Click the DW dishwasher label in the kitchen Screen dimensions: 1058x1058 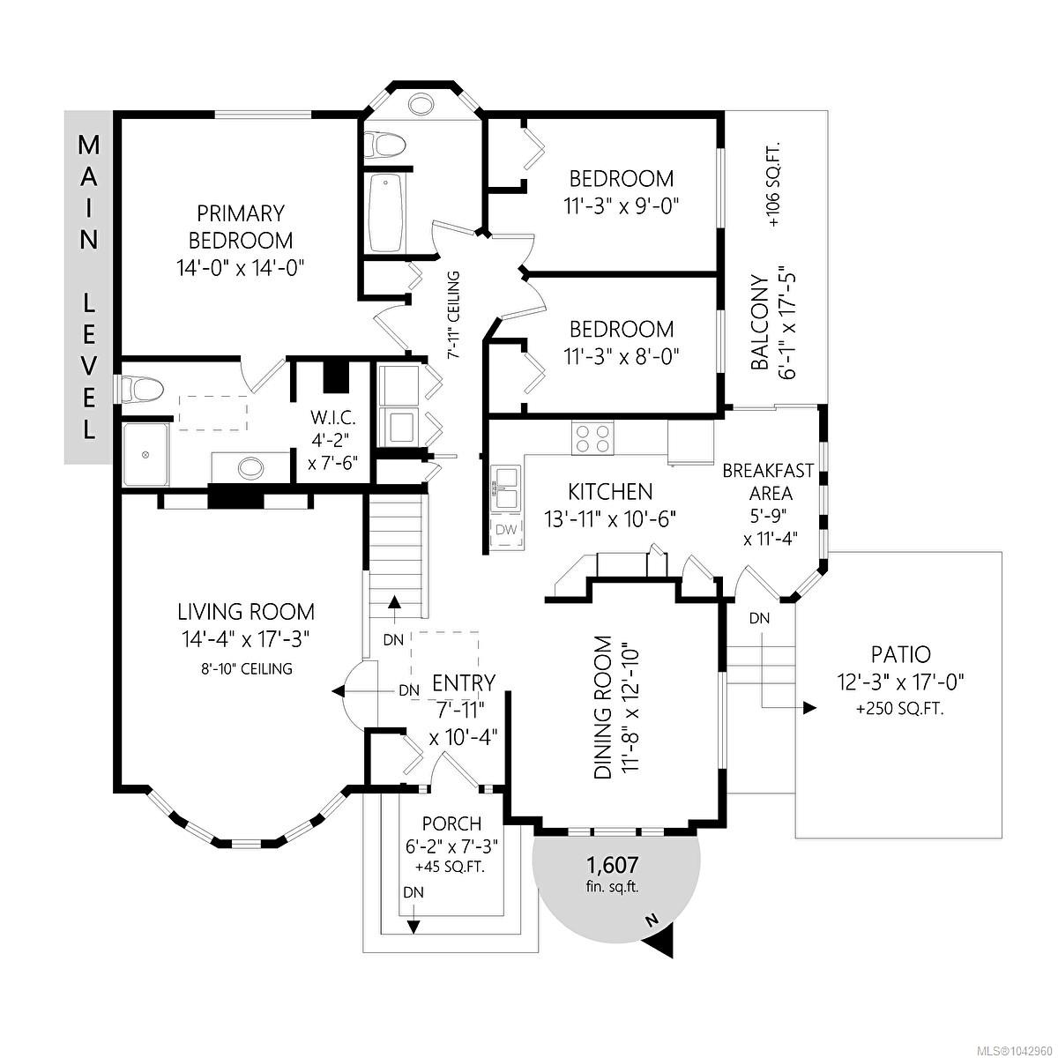506,530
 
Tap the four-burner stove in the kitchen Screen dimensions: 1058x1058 592,438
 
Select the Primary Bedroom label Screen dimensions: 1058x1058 241,227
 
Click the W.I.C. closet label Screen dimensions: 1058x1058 333,418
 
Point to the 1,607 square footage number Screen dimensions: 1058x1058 613,865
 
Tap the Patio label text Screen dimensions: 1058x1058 901,654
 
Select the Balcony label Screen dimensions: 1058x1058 759,323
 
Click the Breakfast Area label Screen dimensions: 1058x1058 768,482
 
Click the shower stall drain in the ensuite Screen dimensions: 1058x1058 145,455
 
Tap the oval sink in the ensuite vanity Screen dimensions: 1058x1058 251,468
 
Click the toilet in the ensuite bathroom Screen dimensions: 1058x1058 142,389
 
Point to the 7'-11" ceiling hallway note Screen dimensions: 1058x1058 454,315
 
